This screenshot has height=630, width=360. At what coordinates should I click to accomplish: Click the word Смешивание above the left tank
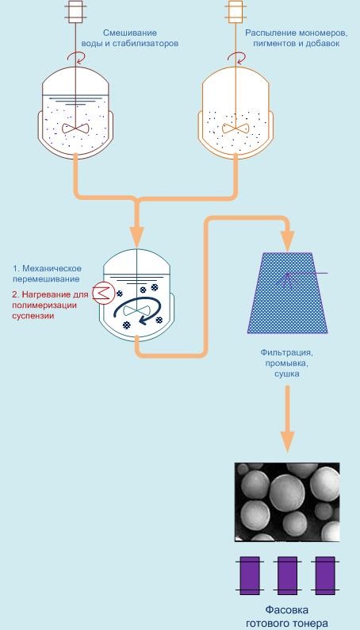tap(129, 33)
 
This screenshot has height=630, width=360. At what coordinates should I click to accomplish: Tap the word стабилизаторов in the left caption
tap(144, 44)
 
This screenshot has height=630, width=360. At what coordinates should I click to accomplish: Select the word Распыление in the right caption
tap(268, 33)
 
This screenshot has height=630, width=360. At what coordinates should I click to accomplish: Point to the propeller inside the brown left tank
tap(75, 129)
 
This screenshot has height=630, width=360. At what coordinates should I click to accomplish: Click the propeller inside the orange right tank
tap(236, 129)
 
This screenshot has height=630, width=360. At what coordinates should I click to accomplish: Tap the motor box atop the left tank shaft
tap(75, 12)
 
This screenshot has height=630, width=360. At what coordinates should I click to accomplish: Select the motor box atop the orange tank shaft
tap(236, 12)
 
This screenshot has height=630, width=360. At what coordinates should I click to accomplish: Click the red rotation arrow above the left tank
tap(76, 57)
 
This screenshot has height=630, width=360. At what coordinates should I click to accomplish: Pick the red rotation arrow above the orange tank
tap(236, 57)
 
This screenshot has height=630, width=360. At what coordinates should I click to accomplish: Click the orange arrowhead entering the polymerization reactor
tap(137, 237)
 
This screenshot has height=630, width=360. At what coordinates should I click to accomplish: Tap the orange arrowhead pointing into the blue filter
tap(288, 241)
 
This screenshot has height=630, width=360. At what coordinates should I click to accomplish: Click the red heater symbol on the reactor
tap(104, 293)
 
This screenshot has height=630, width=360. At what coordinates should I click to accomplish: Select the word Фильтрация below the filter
tap(286, 352)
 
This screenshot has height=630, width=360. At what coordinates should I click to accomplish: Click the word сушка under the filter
tap(287, 374)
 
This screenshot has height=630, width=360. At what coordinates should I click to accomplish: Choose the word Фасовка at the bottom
tap(287, 610)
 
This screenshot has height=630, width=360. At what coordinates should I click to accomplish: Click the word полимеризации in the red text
tap(44, 305)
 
